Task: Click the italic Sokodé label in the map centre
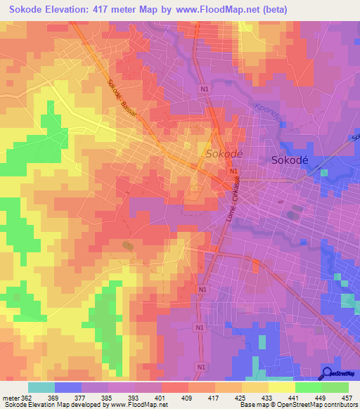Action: (224, 153)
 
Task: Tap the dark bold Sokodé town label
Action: (292, 160)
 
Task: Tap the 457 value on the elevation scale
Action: (347, 398)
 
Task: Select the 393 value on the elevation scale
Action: (136, 398)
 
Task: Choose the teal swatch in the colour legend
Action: (41, 387)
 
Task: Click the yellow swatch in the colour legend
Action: (281, 387)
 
